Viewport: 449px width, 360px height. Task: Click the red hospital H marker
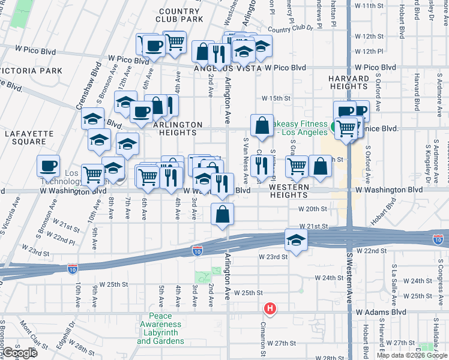coord(271,308)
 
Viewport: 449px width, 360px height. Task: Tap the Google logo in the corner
coord(19,353)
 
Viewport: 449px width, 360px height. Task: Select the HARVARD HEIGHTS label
coord(348,83)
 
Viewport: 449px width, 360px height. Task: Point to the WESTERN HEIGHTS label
coord(289,191)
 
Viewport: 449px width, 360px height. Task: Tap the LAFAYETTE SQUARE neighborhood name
coord(25,137)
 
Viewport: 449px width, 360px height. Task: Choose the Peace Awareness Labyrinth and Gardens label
coord(160,329)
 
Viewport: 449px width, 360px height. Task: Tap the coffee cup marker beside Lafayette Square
coord(49,166)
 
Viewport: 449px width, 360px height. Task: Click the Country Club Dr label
coord(291,28)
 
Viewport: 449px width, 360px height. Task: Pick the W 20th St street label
coord(313,209)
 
